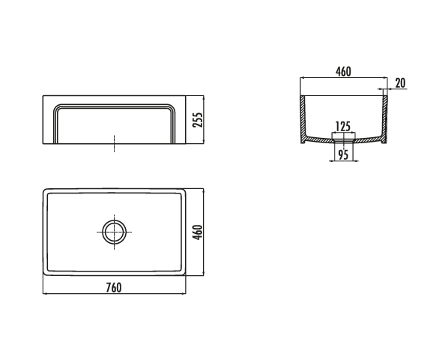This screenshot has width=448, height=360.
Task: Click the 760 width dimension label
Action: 114,287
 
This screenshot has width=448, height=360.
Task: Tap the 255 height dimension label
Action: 198,120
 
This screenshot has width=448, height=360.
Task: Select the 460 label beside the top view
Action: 198,232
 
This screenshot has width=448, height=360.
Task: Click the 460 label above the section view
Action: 343,71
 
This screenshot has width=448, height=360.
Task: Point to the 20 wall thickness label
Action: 400,83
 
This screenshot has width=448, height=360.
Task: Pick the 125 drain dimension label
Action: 343,126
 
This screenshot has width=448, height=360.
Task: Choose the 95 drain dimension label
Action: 343,154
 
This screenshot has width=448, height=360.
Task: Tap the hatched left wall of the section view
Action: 303,118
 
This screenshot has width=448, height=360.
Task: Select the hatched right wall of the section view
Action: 384,118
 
